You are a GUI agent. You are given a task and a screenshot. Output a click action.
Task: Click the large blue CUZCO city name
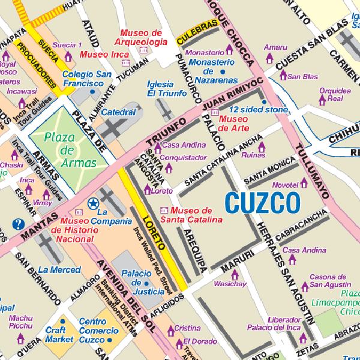(262, 203)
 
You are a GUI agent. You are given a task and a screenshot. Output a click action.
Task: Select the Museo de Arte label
(234, 123)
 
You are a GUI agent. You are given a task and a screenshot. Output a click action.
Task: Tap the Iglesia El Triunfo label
(169, 89)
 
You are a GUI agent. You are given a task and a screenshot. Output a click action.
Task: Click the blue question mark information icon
(19, 224)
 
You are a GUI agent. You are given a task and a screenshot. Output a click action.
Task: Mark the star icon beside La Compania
(92, 204)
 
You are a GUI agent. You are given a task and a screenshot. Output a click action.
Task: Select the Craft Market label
(59, 334)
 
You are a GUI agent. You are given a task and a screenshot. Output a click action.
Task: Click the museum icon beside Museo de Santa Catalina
(164, 210)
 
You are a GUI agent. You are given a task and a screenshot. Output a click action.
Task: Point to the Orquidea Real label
(331, 94)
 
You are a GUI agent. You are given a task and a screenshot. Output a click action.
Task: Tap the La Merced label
(59, 270)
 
